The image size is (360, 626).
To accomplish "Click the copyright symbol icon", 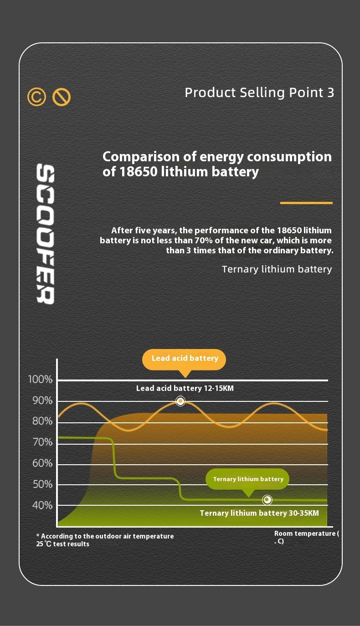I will click(x=37, y=97).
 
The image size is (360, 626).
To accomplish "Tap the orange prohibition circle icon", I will click(x=62, y=97).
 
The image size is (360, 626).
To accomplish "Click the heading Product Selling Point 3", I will click(x=259, y=92).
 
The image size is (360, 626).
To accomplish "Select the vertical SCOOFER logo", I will click(x=46, y=234).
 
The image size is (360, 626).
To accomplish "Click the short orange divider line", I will click(x=306, y=203).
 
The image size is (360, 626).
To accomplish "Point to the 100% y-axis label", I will click(x=41, y=380).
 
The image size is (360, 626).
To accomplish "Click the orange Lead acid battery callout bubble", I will click(x=185, y=359).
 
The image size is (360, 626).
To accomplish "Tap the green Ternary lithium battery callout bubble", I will click(x=248, y=479).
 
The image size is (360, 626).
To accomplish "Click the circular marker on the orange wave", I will click(x=180, y=401).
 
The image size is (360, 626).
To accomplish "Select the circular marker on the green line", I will click(x=267, y=500).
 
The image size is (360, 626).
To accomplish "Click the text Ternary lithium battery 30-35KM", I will click(x=259, y=513).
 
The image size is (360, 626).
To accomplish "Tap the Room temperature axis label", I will click(x=306, y=537).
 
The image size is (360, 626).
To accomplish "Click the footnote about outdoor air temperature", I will click(x=105, y=540).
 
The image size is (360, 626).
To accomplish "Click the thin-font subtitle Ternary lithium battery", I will click(x=277, y=269).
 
